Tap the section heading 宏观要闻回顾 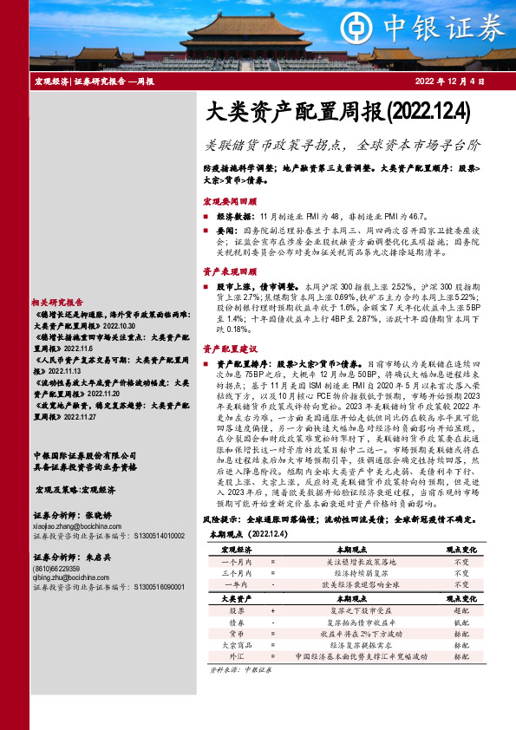click(x=229, y=200)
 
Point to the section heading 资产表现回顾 click(x=229, y=271)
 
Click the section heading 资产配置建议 click(x=229, y=349)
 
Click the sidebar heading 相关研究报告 click(x=57, y=302)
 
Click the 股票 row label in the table click(x=237, y=610)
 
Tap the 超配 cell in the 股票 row click(x=461, y=610)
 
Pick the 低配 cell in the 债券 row click(x=461, y=622)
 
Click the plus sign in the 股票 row click(x=272, y=610)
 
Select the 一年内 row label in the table click(x=237, y=585)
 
